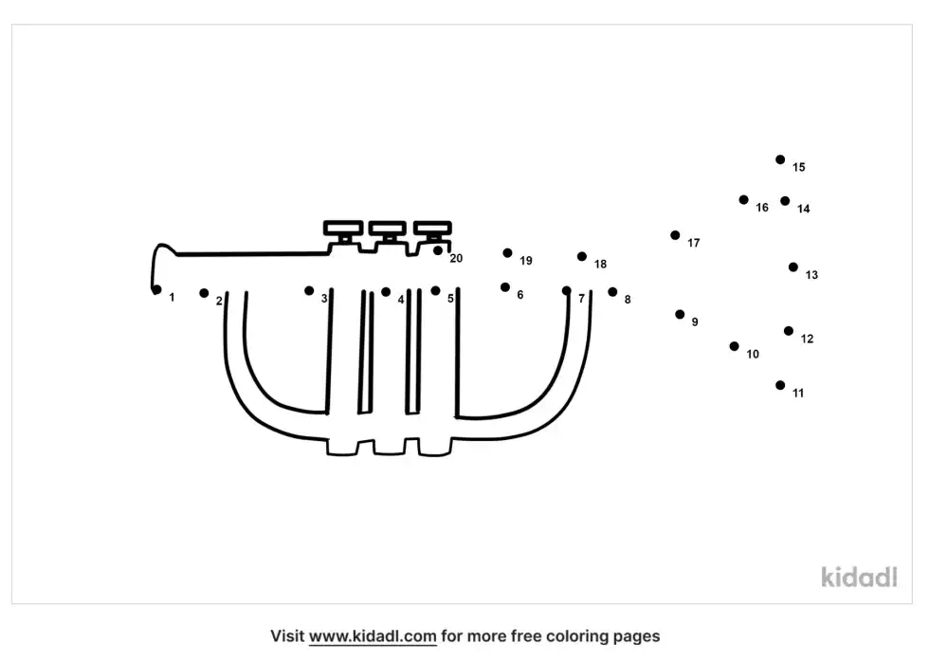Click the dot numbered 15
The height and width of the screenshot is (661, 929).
[x=780, y=159]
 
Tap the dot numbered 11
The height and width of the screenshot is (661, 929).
[x=780, y=385]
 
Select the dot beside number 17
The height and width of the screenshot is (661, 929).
[x=675, y=235]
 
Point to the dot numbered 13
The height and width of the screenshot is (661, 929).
[x=793, y=267]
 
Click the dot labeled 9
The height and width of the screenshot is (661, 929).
[x=680, y=314]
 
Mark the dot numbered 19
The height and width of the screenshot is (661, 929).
[x=508, y=253]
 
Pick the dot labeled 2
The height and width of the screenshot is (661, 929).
[x=204, y=293]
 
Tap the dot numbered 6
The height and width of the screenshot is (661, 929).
[x=505, y=287]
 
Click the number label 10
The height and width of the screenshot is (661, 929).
[x=753, y=354]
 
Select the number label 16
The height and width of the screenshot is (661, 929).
[x=762, y=208]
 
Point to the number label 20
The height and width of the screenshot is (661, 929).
[x=456, y=259]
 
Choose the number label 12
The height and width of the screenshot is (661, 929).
[x=807, y=339]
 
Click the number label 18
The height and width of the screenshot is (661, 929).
[x=600, y=264]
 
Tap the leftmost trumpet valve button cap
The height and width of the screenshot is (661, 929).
[x=343, y=228]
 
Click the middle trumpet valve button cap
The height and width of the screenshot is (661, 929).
[x=388, y=228]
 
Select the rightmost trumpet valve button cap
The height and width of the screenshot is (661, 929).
[x=432, y=228]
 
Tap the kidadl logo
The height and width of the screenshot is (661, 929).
[x=859, y=578]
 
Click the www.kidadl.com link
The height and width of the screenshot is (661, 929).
[x=373, y=636]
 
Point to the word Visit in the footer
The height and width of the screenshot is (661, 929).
[x=287, y=636]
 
